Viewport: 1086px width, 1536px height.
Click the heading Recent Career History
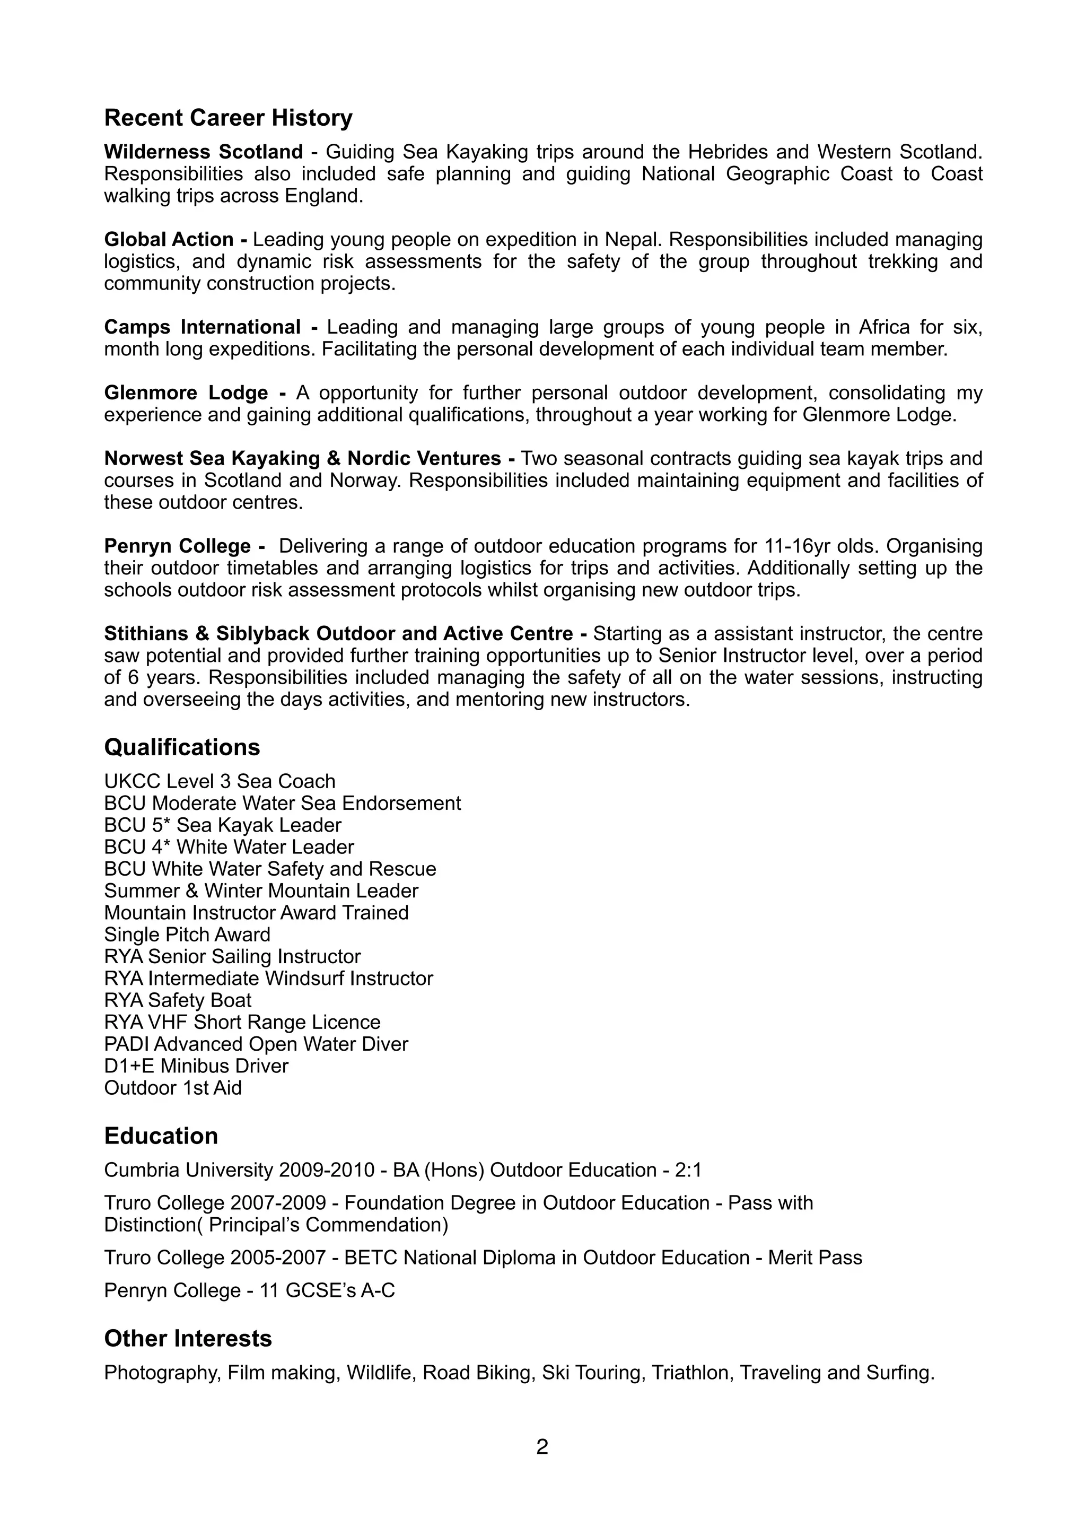[x=228, y=118]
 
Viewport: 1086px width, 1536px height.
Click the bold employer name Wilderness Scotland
[x=203, y=152]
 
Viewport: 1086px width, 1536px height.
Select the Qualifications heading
[x=182, y=747]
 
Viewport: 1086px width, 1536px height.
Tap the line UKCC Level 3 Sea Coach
[x=220, y=781]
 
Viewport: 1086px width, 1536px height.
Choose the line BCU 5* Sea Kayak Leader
[x=223, y=825]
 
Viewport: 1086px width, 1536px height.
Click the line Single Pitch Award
[x=187, y=935]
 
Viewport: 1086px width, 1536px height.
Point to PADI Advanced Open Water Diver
[x=256, y=1044]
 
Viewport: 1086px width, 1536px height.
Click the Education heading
[x=161, y=1136]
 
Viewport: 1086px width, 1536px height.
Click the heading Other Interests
[x=188, y=1338]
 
